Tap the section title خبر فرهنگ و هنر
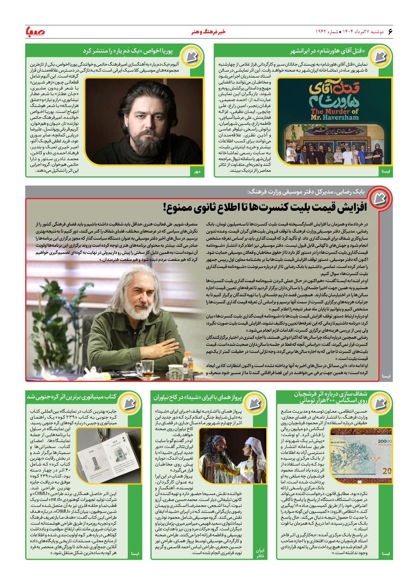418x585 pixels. pyautogui.click(x=209, y=32)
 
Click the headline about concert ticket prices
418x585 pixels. pyautogui.click(x=265, y=207)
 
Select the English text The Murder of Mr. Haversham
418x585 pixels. pyautogui.click(x=335, y=114)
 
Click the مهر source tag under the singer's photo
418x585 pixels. pyautogui.click(x=197, y=172)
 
